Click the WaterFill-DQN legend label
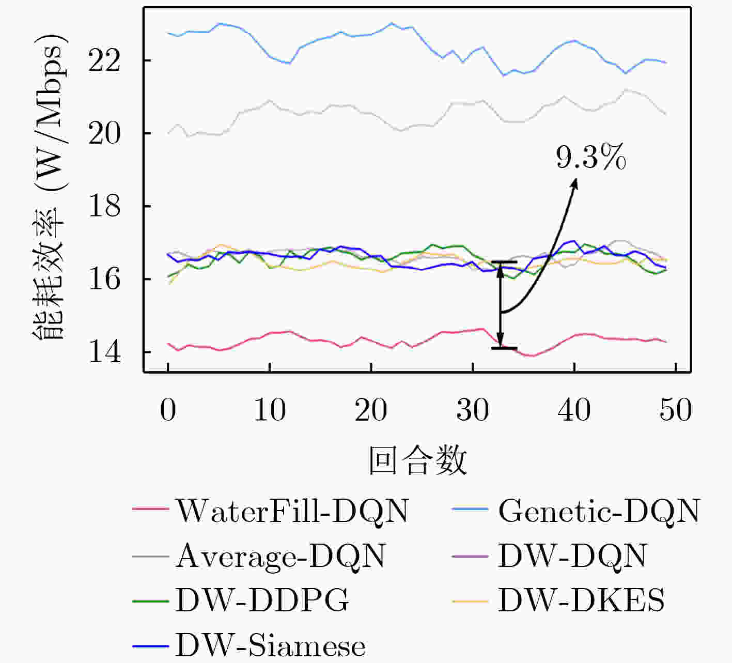tap(292, 511)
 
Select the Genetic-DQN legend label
tap(599, 511)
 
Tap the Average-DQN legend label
tap(281, 556)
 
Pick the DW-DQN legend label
tap(572, 556)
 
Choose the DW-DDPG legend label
tap(262, 600)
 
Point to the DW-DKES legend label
tap(581, 600)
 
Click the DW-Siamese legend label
tap(270, 645)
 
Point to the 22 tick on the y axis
tap(105, 61)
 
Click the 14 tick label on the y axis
tap(105, 352)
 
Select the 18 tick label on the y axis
tap(105, 207)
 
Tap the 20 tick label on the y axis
tap(105, 134)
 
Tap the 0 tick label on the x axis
tap(168, 410)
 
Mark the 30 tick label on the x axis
tap(473, 410)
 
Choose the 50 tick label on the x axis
tap(676, 410)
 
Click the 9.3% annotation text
tap(591, 158)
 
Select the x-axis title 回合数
tap(417, 460)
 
